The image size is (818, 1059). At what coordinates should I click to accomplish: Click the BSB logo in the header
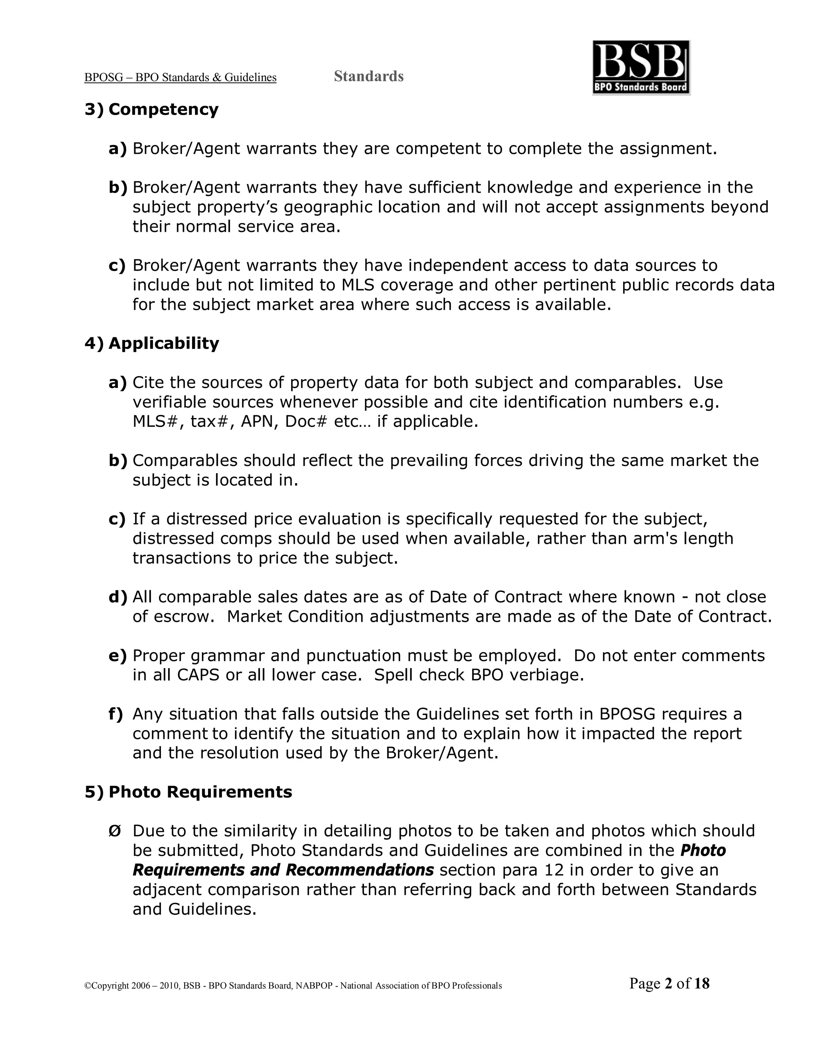pos(641,68)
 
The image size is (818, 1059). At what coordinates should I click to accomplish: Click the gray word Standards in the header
pos(368,76)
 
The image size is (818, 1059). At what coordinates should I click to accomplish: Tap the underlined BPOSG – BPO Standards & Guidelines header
pos(180,78)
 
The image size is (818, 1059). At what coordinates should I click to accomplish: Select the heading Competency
pos(163,109)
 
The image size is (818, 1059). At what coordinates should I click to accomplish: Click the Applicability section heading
pos(164,343)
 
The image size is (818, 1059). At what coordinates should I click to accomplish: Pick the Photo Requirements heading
pos(200,792)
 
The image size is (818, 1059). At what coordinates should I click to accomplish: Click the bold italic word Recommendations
pos(359,870)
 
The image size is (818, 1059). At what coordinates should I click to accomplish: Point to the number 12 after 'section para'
pos(554,870)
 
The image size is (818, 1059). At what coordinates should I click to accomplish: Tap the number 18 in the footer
pos(701,983)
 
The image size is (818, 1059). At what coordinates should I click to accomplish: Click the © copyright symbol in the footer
pos(88,986)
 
